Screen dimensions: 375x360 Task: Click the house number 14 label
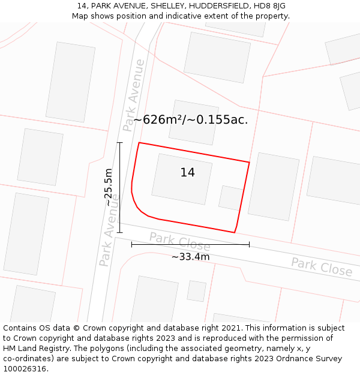tap(187, 173)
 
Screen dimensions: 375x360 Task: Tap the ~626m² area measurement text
tap(190, 120)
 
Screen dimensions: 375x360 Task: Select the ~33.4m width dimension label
tap(190, 257)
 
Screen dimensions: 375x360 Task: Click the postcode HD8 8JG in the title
tap(269, 6)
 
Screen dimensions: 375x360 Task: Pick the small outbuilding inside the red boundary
tap(230, 197)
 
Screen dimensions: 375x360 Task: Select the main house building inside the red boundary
tap(181, 175)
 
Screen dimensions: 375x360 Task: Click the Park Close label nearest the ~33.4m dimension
tap(180, 241)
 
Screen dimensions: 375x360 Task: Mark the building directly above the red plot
tap(193, 122)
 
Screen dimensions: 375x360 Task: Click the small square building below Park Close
tap(196, 290)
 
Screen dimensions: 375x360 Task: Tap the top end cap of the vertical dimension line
tap(119, 143)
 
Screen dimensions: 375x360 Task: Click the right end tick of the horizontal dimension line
tap(249, 244)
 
